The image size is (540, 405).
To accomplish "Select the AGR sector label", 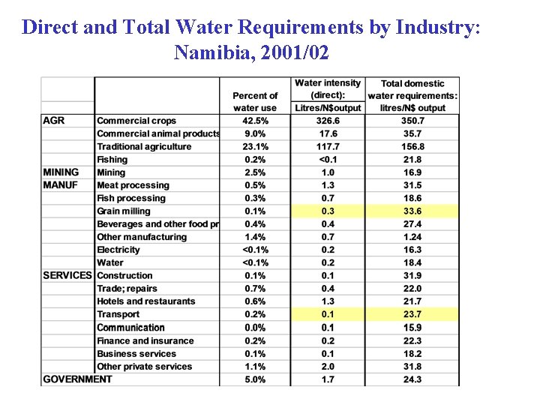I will pos(53,121).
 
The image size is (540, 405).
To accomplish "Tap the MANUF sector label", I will pos(60,185).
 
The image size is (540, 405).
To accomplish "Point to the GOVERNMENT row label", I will pos(77,379).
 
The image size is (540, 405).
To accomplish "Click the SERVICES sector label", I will pos(67,275).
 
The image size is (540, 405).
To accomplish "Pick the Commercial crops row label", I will pos(136,121).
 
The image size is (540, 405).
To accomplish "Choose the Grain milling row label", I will pos(124,211).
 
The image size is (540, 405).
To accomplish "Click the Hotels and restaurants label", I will pos(146,301).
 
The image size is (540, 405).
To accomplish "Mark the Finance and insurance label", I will pos(145,340).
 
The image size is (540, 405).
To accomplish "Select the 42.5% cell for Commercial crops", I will pos(255,121).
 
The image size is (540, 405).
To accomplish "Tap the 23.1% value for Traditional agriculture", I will pos(255,147).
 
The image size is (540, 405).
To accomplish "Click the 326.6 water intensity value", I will pos(328,121).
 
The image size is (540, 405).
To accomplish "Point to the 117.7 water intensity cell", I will pos(328,147).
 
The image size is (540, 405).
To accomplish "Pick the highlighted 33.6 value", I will pos(412,211).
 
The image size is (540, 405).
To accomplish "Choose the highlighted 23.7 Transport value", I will pos(412,314).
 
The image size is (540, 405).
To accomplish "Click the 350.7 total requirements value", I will pos(412,121).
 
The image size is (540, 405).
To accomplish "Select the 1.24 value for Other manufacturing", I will pos(412,237).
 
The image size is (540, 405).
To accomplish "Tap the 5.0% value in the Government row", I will pos(255,379).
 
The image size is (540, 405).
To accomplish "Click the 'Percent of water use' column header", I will pos(255,101).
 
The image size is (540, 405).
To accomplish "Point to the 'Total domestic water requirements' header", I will pos(412,95).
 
